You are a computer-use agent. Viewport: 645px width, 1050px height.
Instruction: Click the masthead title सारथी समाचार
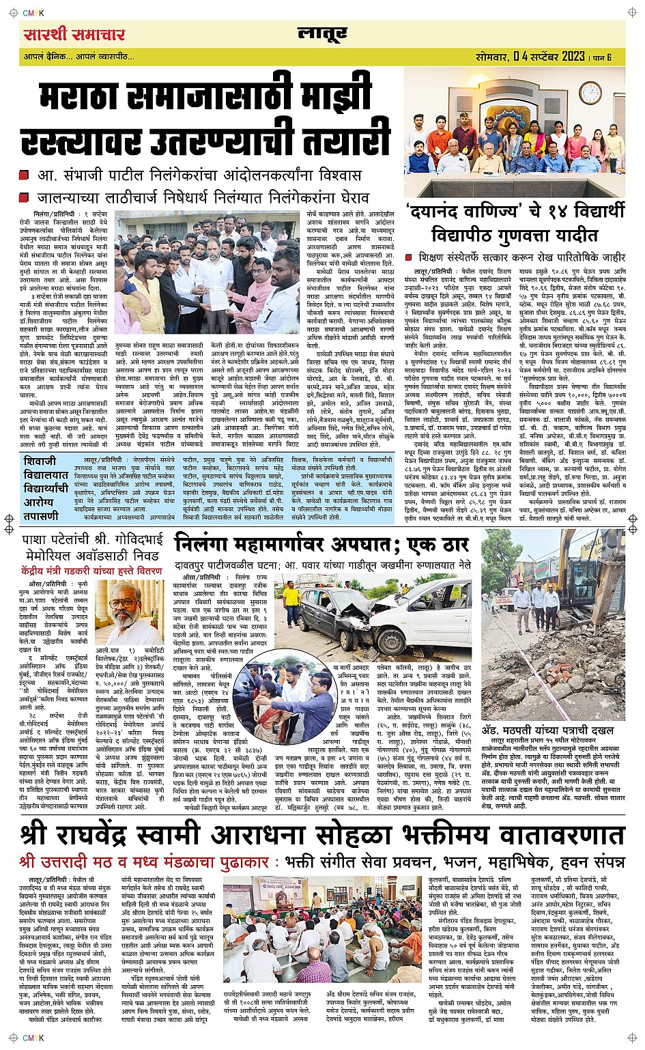coord(74,34)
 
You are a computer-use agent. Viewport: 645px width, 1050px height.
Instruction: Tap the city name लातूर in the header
coord(322,34)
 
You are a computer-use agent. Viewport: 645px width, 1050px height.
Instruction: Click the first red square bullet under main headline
coord(25,175)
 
